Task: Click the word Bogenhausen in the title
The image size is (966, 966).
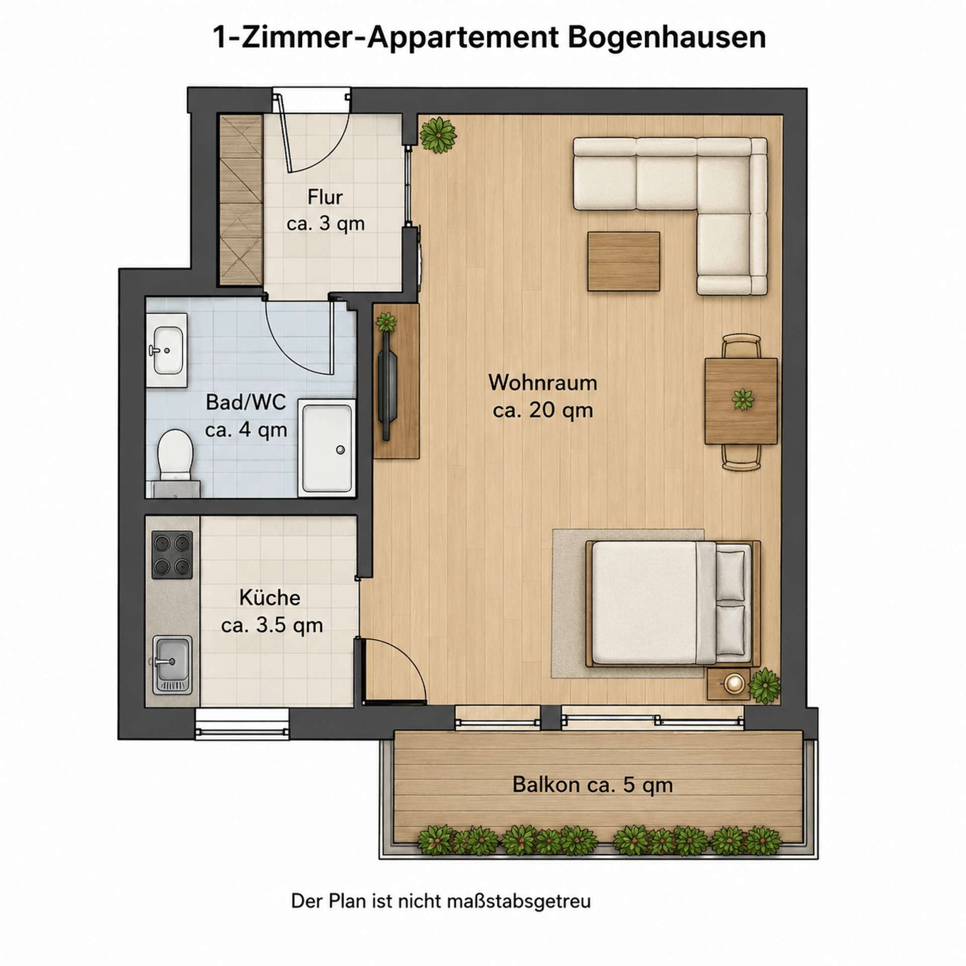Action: pos(667,37)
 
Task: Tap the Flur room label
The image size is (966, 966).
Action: pos(326,197)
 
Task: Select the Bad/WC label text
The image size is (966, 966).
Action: pos(246,403)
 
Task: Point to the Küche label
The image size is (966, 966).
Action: pos(270,598)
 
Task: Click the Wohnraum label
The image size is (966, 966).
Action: pos(543,383)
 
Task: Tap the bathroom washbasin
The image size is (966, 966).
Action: pos(167,351)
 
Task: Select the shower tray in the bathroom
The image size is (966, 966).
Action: pos(327,448)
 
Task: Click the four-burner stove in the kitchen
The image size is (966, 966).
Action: pos(172,554)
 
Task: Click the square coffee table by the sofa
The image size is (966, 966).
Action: pos(624,261)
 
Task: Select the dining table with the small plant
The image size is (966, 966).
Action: pos(741,401)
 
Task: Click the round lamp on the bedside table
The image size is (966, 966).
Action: pos(734,683)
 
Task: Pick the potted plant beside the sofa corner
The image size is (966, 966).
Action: pos(438,135)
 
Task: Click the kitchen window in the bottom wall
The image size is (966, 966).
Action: pos(242,723)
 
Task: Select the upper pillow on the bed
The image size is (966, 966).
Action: pos(730,575)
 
